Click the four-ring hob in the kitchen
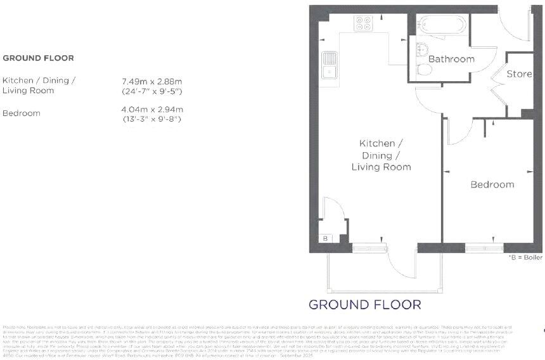(x=364, y=23)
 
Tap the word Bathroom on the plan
(x=451, y=59)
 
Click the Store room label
(x=519, y=74)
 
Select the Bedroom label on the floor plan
(x=492, y=184)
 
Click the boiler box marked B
(x=325, y=238)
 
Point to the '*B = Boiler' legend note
(x=525, y=258)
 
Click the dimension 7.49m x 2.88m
(x=151, y=81)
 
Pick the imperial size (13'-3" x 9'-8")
(x=151, y=119)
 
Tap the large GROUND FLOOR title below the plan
(x=364, y=304)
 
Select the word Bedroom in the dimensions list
(x=22, y=113)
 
